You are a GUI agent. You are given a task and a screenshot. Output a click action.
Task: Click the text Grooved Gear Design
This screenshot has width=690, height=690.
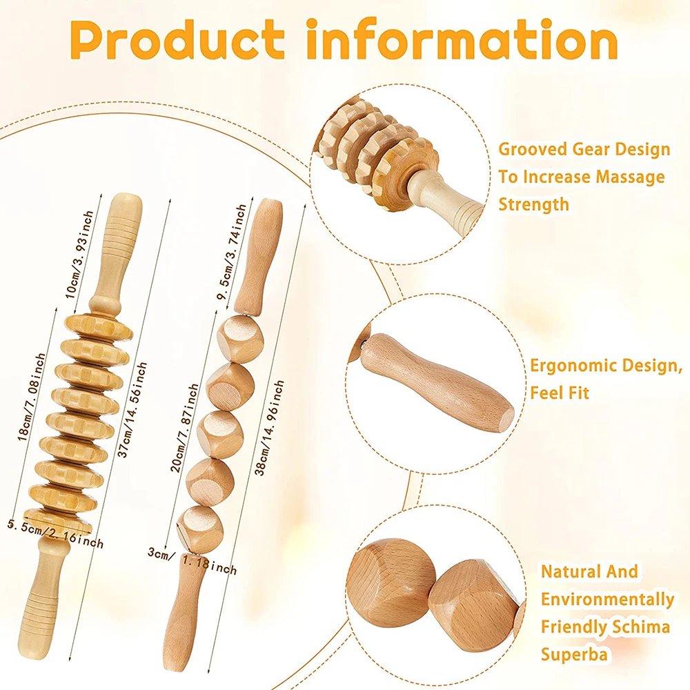pyautogui.click(x=584, y=148)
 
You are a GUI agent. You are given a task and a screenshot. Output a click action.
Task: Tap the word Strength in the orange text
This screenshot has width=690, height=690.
pyautogui.click(x=534, y=204)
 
